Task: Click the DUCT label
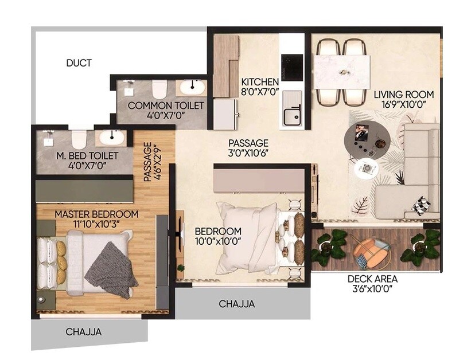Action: [x=79, y=63]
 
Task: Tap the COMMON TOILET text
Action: [x=166, y=105]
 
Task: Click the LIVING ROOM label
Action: [x=404, y=95]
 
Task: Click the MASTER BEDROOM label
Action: [x=96, y=214]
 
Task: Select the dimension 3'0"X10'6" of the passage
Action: [x=248, y=153]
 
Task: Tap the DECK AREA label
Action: [x=372, y=279]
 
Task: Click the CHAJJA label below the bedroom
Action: [x=236, y=304]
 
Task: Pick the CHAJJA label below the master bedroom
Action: [x=84, y=332]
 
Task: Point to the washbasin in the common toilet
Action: [x=191, y=88]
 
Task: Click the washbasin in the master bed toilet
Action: [x=110, y=138]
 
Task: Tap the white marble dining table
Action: [x=342, y=72]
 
